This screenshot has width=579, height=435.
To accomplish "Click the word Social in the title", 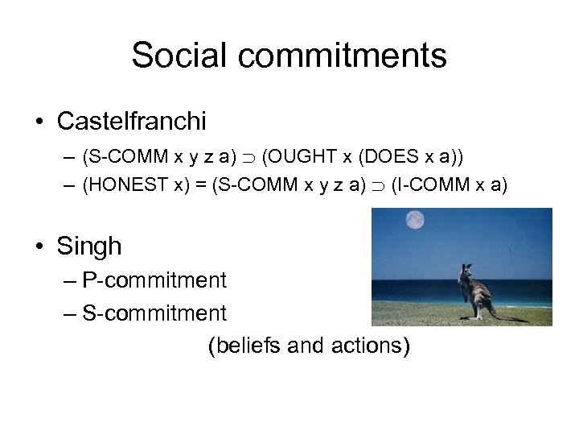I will click(179, 56).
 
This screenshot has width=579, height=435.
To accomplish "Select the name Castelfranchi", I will click(131, 122).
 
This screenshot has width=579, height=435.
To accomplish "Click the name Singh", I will click(89, 246).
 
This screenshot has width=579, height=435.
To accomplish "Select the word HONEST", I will click(129, 184).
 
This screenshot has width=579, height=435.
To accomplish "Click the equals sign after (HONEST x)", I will click(200, 184).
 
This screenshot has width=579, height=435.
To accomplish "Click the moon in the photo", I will click(415, 219).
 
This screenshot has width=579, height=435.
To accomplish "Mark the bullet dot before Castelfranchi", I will click(39, 122).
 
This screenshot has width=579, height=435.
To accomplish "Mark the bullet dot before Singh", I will click(39, 246).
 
